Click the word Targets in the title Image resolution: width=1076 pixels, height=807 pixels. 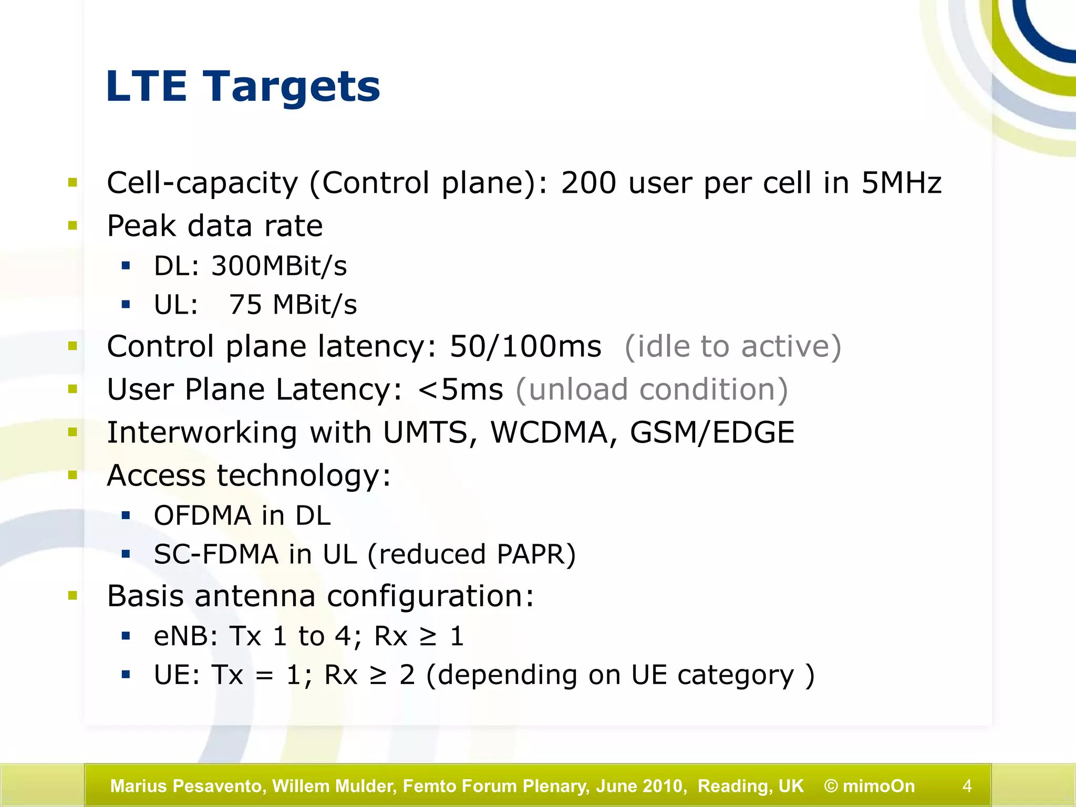(292, 87)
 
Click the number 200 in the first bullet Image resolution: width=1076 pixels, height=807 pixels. (588, 183)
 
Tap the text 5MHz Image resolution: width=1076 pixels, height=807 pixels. (901, 183)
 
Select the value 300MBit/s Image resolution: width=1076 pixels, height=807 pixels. (279, 266)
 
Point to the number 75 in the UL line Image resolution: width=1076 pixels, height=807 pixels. (245, 305)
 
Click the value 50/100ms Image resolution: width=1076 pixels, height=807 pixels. (525, 347)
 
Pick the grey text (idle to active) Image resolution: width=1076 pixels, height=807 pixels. (733, 347)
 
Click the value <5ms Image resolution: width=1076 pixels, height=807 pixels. (460, 390)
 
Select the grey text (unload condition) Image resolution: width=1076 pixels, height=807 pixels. (651, 390)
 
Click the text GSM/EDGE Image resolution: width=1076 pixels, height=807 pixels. (712, 433)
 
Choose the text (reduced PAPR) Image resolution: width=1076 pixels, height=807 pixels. (471, 554)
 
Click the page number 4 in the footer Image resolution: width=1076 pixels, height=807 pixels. (967, 786)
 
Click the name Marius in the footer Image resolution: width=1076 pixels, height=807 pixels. (138, 786)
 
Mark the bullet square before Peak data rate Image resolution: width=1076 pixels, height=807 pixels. (73, 226)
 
